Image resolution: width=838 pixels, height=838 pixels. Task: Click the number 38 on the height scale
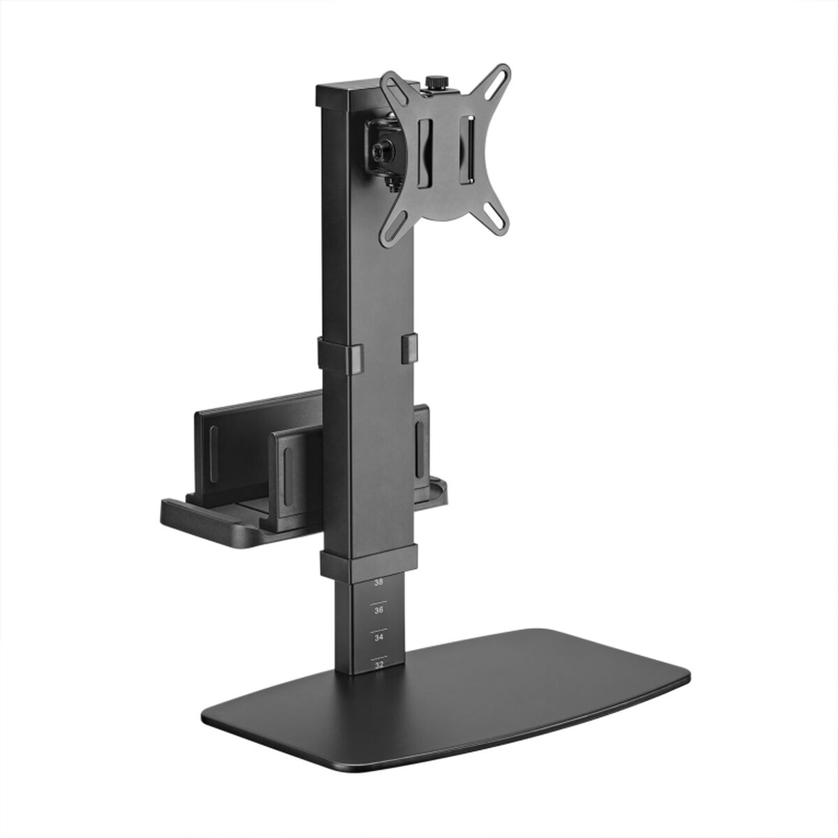tap(378, 581)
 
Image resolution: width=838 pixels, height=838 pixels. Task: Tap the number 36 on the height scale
tap(378, 610)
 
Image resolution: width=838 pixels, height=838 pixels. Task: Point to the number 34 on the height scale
tap(378, 638)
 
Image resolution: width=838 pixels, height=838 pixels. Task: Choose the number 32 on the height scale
tap(378, 665)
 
